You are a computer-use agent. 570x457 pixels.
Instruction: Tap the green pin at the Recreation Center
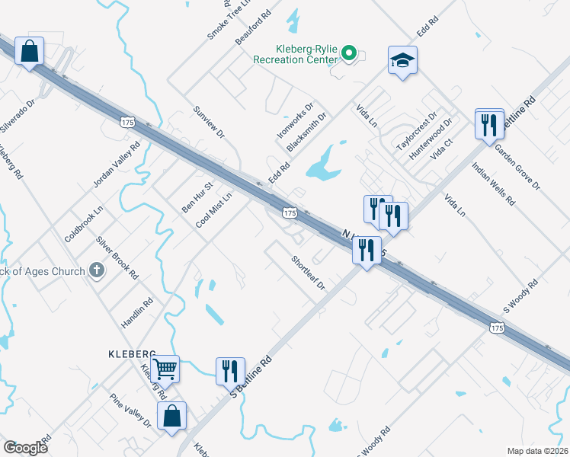coord(349,53)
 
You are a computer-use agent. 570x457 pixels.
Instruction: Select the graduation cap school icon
coord(402,61)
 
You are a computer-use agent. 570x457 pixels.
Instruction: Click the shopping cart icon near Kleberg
coord(165,369)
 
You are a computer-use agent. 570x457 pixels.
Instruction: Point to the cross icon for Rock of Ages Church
coord(96,270)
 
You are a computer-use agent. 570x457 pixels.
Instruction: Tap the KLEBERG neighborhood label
coord(131,354)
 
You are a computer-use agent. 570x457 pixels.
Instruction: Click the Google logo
coord(26,448)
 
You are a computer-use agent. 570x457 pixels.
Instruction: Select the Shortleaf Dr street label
coord(308,273)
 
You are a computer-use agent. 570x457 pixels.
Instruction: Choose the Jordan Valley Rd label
coord(117,165)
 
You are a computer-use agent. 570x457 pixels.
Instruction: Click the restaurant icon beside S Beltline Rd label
coord(230,371)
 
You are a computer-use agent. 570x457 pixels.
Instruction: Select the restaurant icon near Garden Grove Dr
coord(489,123)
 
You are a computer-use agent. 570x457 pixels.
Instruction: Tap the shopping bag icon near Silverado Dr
coord(29,52)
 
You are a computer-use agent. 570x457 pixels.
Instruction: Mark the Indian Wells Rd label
coord(493,184)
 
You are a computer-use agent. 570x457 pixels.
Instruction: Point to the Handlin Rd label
coord(138,311)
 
